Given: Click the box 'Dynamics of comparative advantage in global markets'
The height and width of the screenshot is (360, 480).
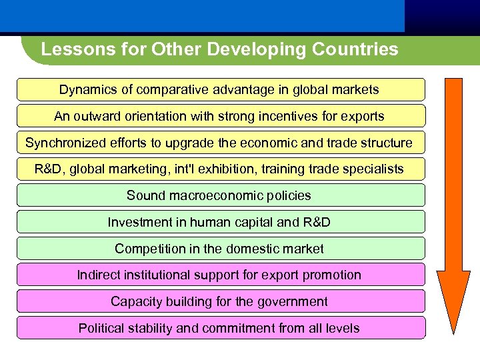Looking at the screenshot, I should tap(220, 89).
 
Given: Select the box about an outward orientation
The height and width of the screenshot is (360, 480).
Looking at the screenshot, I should tap(220, 116).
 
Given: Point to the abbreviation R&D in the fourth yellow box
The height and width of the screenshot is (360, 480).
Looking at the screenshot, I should tap(47, 169).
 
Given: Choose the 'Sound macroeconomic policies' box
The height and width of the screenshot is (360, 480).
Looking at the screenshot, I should tap(220, 195).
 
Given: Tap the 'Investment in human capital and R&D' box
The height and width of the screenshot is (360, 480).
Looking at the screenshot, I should tap(220, 222).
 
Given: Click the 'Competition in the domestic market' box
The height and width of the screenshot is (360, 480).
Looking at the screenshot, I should tap(220, 249).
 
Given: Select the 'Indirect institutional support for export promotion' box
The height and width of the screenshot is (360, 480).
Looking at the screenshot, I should tap(220, 275).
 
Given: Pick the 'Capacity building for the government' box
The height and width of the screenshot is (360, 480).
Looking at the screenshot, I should tap(220, 301).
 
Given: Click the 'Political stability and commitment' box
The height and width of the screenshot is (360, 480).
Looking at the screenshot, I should tap(220, 328).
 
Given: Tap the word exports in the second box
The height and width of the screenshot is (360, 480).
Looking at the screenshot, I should tap(364, 117).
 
